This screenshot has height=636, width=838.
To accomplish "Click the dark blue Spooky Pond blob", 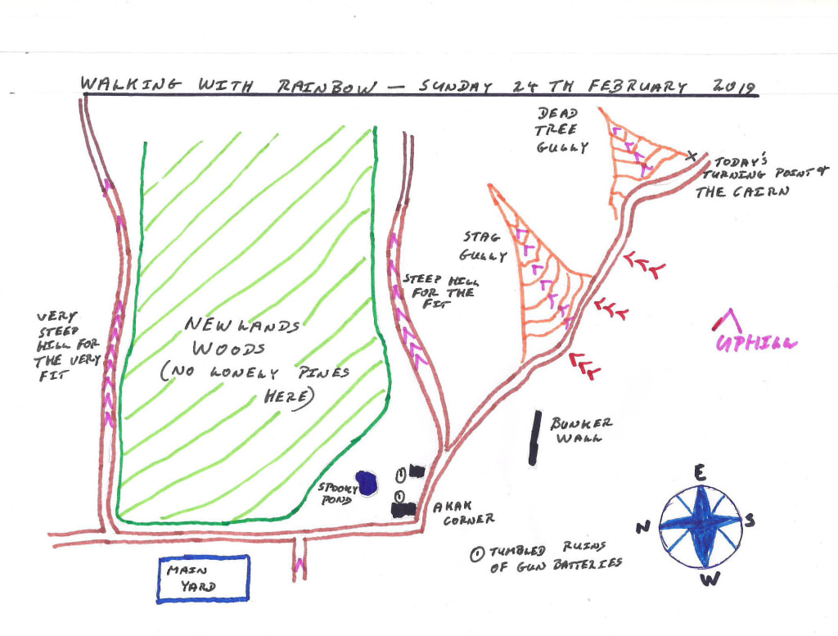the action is [366, 483].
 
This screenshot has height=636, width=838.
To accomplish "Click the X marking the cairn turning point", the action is [692, 155].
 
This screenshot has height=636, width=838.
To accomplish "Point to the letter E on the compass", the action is [700, 472].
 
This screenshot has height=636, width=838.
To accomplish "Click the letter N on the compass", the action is [643, 526].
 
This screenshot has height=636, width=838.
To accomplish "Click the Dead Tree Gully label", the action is [561, 129].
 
